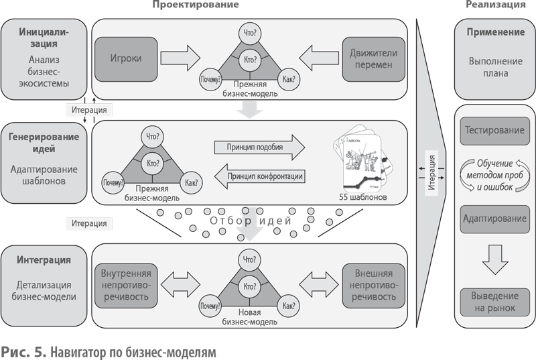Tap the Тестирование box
click(x=494, y=130)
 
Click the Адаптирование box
click(x=494, y=219)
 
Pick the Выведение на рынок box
click(x=494, y=302)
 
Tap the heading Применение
click(x=494, y=32)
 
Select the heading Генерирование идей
click(x=44, y=142)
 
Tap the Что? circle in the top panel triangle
click(x=249, y=33)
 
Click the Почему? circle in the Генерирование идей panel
click(x=113, y=182)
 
